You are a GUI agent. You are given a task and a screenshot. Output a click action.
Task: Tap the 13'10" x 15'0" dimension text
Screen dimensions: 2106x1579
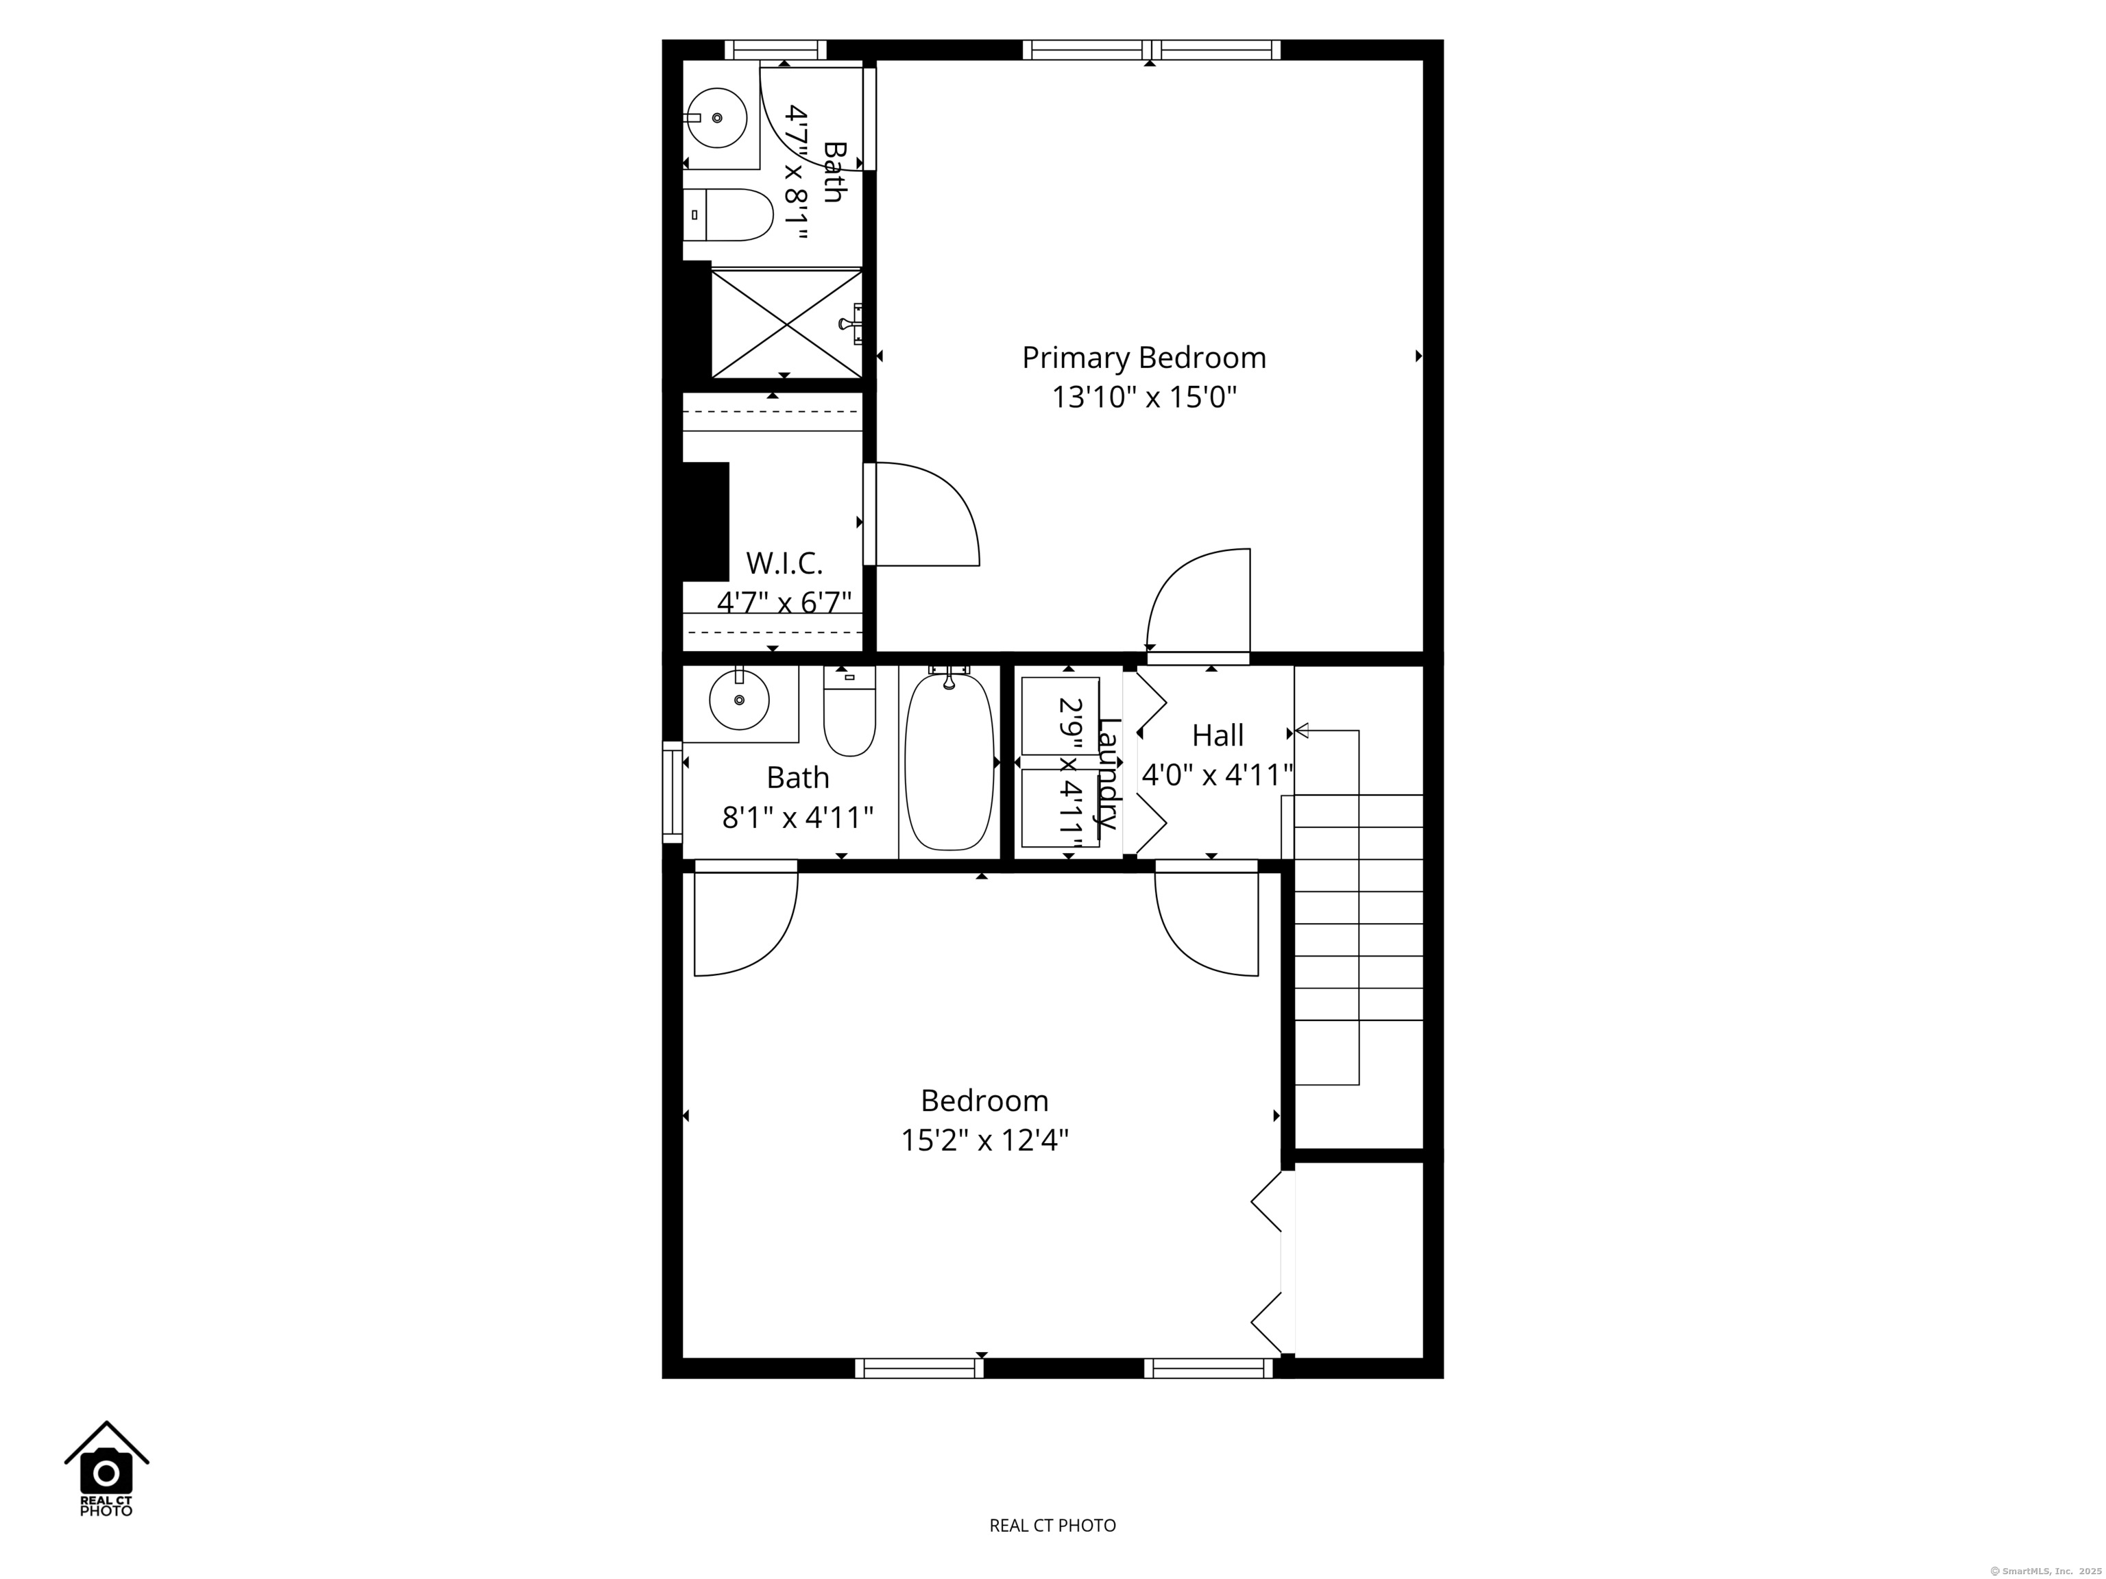pyautogui.click(x=1143, y=397)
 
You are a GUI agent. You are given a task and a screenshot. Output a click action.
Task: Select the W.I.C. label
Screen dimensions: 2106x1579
pyautogui.click(x=784, y=563)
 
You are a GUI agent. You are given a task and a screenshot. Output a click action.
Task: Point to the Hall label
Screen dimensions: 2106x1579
pyautogui.click(x=1218, y=736)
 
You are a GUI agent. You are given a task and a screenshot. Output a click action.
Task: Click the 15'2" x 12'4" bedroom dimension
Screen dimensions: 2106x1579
pyautogui.click(x=984, y=1140)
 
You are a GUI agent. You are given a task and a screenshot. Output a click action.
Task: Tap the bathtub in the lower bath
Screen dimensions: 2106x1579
pyautogui.click(x=949, y=761)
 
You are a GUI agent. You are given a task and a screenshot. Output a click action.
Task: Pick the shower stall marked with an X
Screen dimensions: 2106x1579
pyautogui.click(x=786, y=323)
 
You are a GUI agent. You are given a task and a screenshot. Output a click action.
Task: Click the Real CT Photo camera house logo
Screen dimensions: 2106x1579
pyautogui.click(x=107, y=1469)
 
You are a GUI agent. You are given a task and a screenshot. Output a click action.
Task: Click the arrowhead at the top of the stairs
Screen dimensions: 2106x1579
pyautogui.click(x=1301, y=731)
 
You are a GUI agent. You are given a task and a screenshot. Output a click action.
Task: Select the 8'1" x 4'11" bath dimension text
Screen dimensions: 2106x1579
pyautogui.click(x=798, y=818)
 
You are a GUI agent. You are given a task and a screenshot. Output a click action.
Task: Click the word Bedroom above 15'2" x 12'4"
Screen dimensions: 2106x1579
pyautogui.click(x=984, y=1101)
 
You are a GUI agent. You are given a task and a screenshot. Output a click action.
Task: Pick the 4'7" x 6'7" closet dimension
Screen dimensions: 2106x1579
pyautogui.click(x=784, y=602)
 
